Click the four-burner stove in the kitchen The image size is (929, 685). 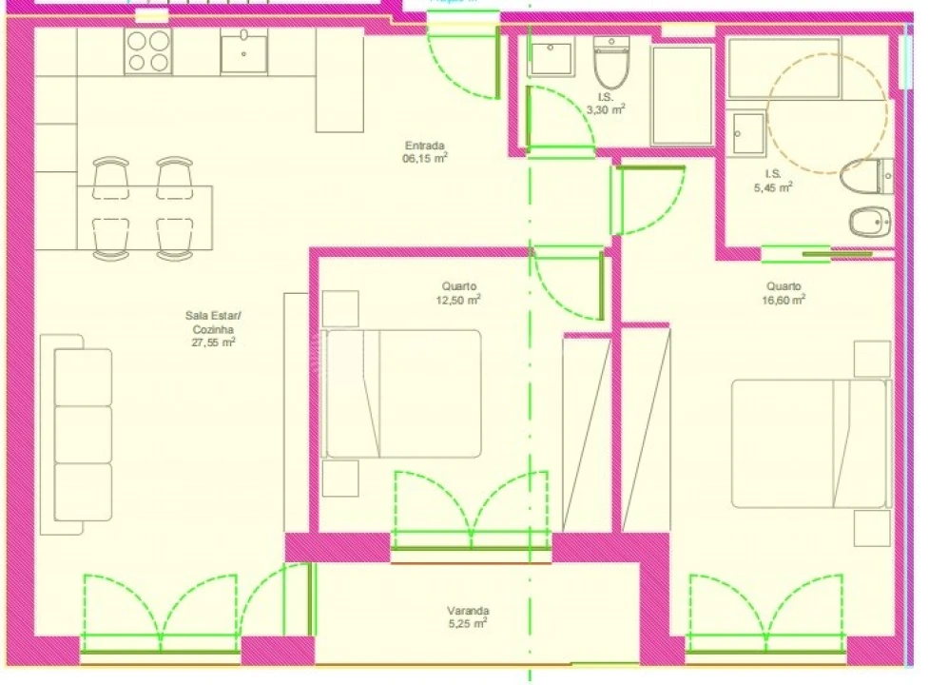(x=149, y=51)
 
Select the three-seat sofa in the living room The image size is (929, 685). (x=83, y=434)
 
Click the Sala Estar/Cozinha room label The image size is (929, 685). (x=214, y=329)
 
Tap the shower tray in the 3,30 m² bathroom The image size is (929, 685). (x=682, y=95)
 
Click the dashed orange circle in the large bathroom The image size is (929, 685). (x=826, y=104)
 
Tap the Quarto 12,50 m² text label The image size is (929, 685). (x=459, y=292)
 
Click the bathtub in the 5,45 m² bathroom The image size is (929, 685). (x=783, y=68)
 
